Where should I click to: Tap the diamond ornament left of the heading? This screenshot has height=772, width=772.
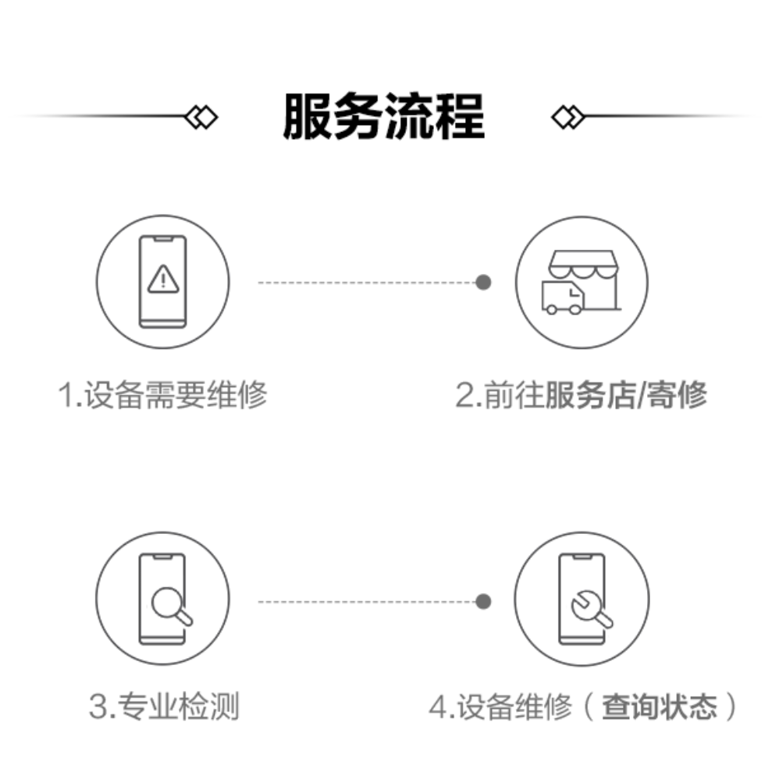coord(201,117)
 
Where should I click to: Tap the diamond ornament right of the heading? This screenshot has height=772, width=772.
coord(567,117)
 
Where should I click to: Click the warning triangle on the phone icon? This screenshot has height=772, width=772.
coord(162,277)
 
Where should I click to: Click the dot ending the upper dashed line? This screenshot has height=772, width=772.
coord(484,282)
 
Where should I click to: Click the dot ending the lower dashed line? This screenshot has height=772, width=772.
coord(484,601)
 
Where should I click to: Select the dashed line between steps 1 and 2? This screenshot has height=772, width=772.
coord(367,282)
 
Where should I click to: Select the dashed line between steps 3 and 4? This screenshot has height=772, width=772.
coord(367,601)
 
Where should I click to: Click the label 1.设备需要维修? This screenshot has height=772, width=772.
coord(163,395)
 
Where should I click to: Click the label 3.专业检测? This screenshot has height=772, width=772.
coord(163,707)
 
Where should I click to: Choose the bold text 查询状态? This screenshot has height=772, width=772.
coord(660,707)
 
